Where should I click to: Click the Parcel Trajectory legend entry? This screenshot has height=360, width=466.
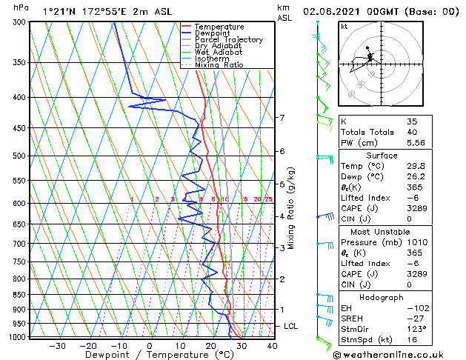tap(228, 39)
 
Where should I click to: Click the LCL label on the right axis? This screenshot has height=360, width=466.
tap(291, 326)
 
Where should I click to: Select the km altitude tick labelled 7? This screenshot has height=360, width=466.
tap(282, 118)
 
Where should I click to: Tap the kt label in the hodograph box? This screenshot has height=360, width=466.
tap(344, 26)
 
